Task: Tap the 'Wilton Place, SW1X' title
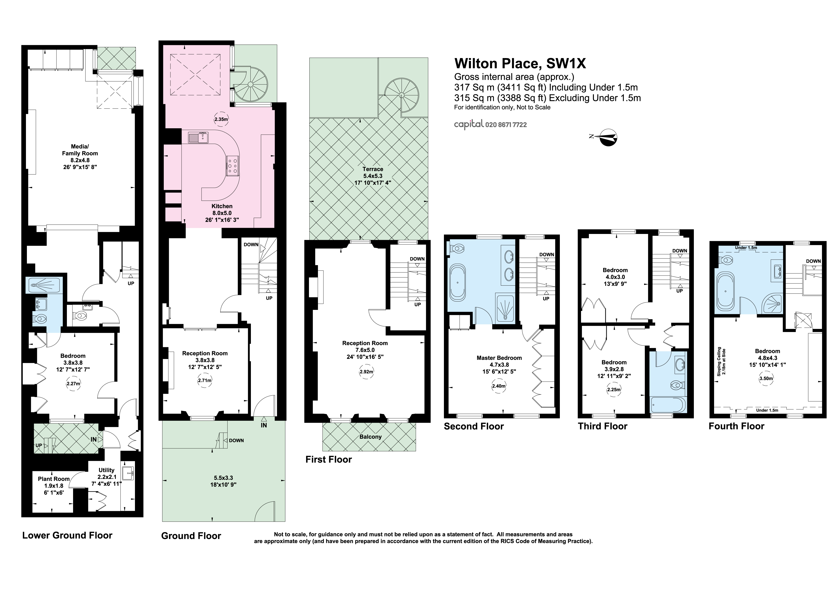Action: click(520, 64)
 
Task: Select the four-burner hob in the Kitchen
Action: click(233, 166)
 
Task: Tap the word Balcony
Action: click(371, 436)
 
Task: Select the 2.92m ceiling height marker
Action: click(367, 372)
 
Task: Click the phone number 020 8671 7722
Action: click(506, 125)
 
